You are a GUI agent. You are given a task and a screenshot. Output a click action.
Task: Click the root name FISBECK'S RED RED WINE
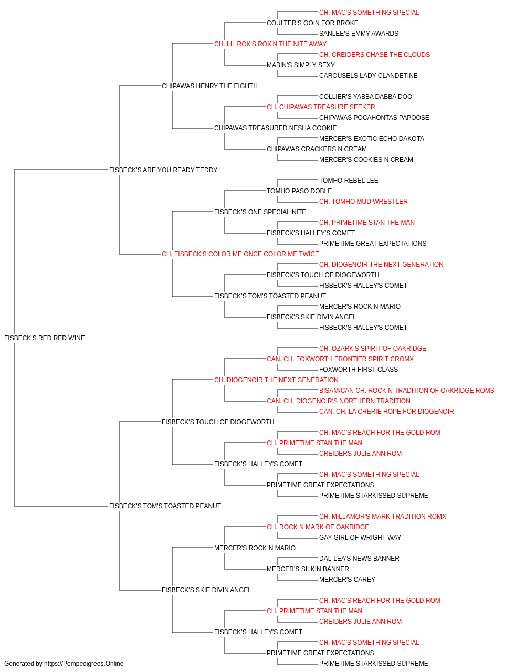click(45, 338)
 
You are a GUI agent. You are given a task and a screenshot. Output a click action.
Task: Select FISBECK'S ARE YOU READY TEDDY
click(163, 170)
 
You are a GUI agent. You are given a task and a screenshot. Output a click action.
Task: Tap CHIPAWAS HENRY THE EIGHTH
click(209, 86)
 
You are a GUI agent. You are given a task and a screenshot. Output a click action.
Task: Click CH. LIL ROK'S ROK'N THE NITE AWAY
click(270, 44)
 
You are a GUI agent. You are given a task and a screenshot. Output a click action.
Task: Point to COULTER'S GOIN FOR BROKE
click(312, 23)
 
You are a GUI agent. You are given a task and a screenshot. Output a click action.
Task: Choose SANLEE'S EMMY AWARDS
click(359, 34)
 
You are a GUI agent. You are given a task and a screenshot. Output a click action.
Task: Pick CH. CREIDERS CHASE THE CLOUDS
click(375, 55)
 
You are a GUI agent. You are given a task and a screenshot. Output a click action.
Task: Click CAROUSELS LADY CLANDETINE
click(369, 76)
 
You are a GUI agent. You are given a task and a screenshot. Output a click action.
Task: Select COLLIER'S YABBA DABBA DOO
click(366, 97)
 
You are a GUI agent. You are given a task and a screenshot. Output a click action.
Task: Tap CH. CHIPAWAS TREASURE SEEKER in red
click(321, 107)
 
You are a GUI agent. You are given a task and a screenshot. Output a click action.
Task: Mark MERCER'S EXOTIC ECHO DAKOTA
click(372, 139)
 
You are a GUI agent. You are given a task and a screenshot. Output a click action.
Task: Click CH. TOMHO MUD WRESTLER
click(364, 202)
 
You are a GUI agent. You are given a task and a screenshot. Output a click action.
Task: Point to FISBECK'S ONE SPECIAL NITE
click(260, 212)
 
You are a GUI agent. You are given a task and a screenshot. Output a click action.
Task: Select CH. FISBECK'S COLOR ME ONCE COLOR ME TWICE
click(240, 254)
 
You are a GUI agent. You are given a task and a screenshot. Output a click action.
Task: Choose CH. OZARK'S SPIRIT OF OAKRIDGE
click(373, 349)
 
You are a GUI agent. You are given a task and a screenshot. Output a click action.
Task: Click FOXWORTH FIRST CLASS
click(359, 370)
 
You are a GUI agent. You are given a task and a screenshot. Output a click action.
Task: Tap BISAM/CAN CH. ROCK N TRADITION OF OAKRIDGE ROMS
click(407, 391)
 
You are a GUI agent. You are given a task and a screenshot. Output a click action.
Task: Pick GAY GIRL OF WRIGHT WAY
click(360, 538)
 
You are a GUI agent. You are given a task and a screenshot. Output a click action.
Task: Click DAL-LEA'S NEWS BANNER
click(359, 559)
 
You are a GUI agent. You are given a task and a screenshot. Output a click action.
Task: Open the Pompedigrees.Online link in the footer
click(84, 664)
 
